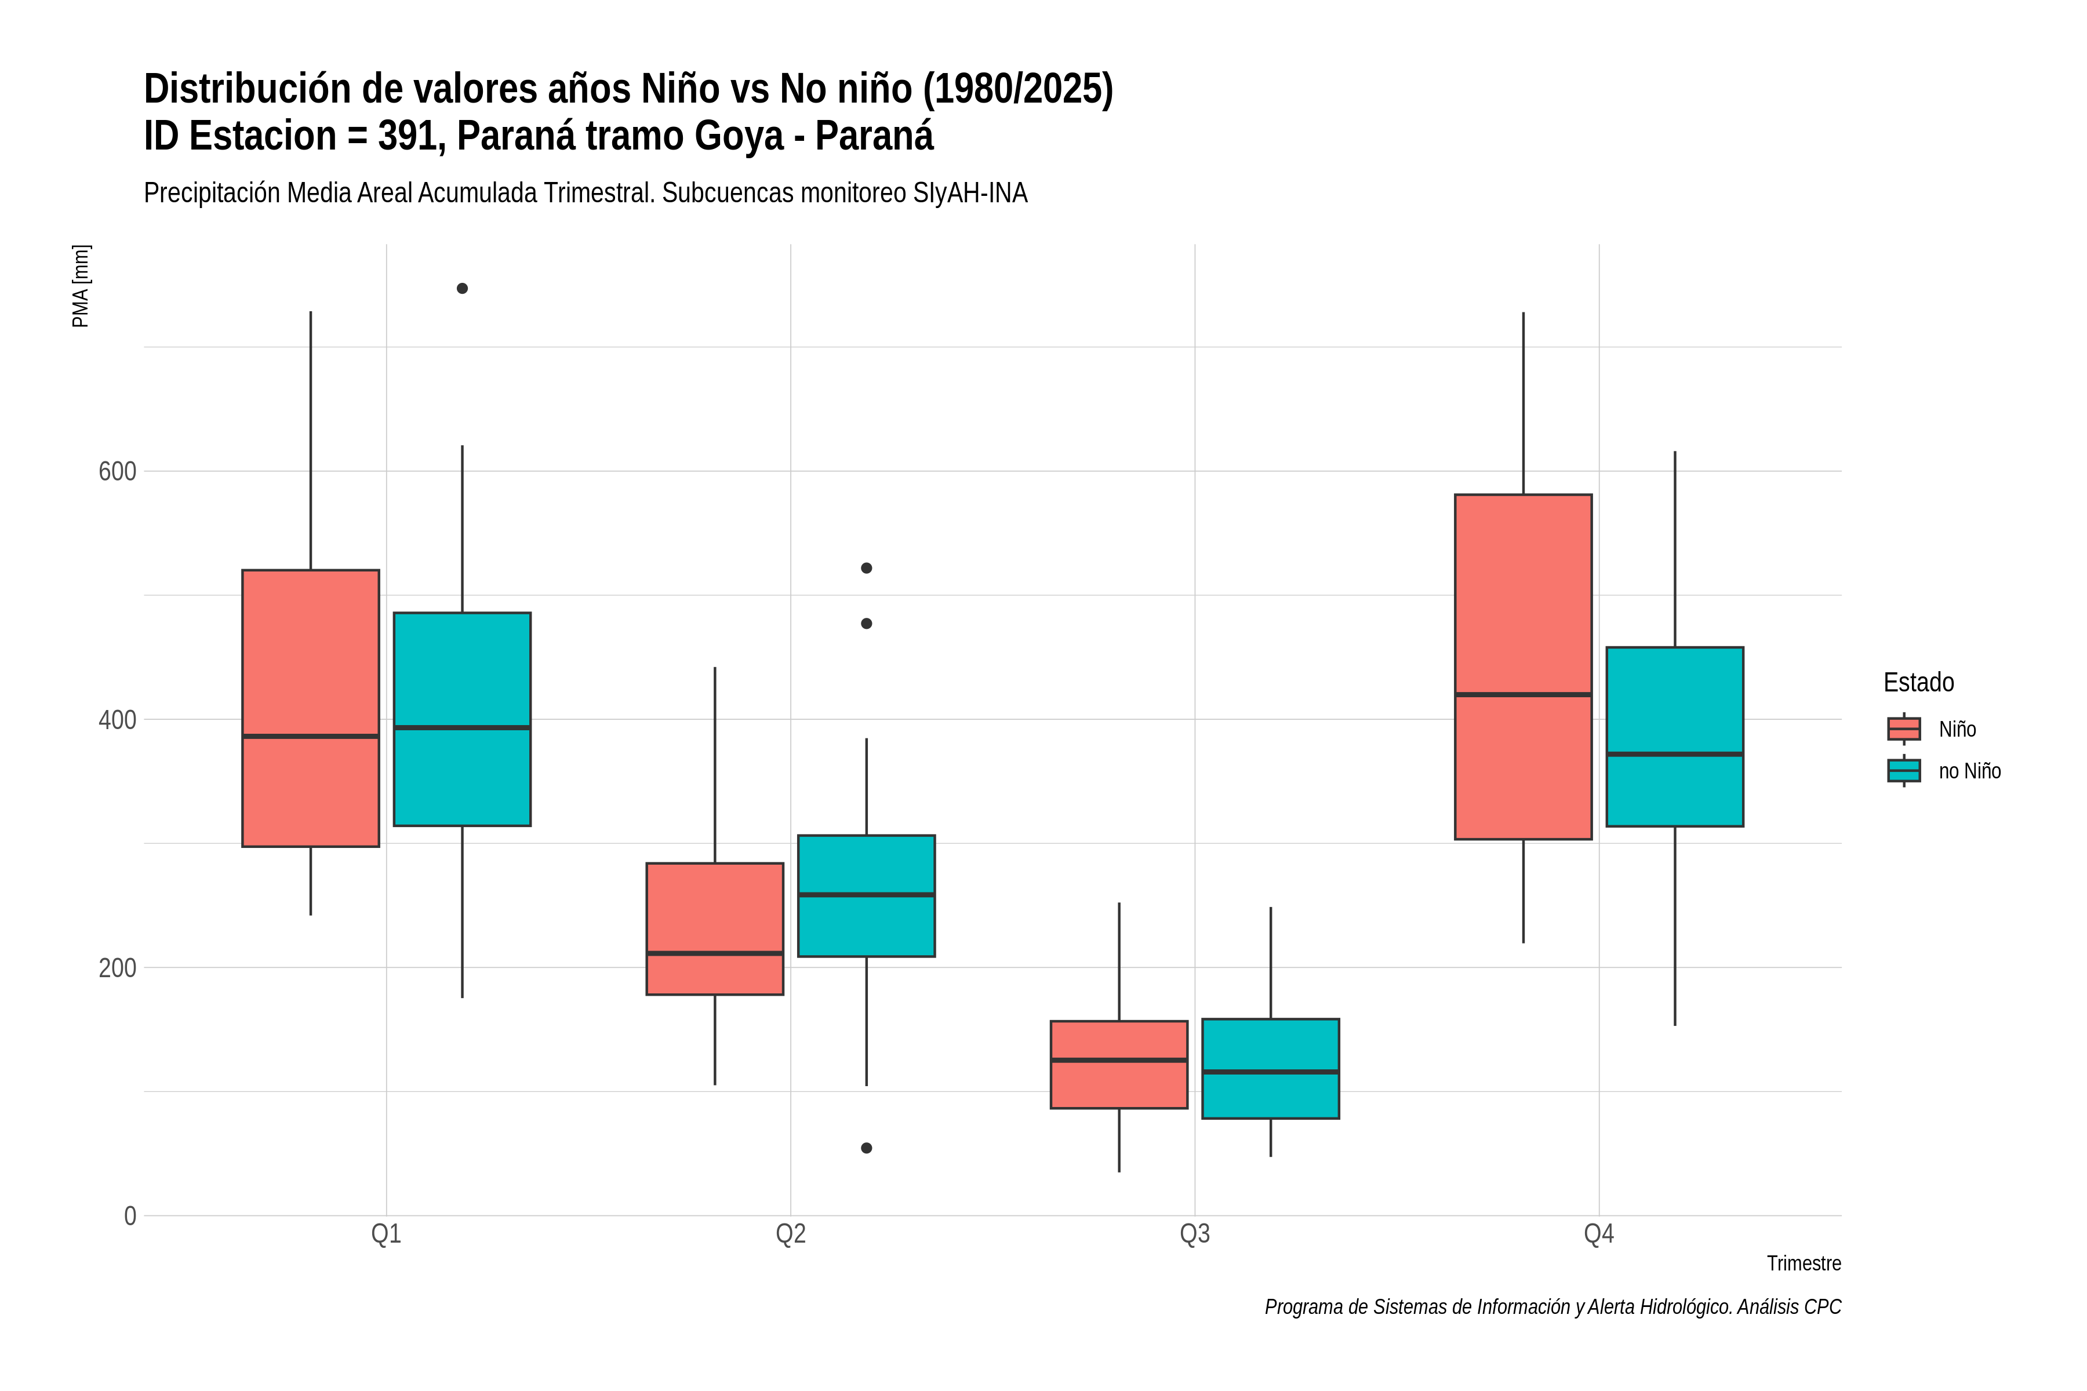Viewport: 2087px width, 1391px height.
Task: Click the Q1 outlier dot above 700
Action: [x=462, y=288]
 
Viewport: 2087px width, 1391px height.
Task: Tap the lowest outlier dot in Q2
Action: [x=867, y=1148]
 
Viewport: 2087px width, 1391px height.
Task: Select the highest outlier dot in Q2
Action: [x=867, y=568]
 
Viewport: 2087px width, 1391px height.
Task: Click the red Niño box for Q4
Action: [x=1524, y=666]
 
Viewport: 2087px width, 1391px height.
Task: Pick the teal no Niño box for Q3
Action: [x=1271, y=1069]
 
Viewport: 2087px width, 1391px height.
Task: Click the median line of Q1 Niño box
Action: [x=311, y=736]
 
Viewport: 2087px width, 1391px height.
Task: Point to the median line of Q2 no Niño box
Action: [x=867, y=894]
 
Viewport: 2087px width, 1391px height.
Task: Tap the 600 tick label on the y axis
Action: [x=117, y=471]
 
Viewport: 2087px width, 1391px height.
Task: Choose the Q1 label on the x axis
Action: [x=386, y=1234]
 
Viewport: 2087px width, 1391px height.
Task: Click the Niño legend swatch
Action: [x=1904, y=729]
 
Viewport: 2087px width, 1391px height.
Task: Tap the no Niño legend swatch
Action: [x=1904, y=771]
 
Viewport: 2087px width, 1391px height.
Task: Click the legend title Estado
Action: [x=1919, y=682]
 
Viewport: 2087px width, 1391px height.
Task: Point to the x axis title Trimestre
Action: [x=1804, y=1263]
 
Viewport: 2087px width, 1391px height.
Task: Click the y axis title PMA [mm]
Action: [x=81, y=286]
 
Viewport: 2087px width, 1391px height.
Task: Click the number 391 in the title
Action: [x=412, y=136]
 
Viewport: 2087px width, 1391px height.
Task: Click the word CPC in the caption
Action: [x=1823, y=1307]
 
